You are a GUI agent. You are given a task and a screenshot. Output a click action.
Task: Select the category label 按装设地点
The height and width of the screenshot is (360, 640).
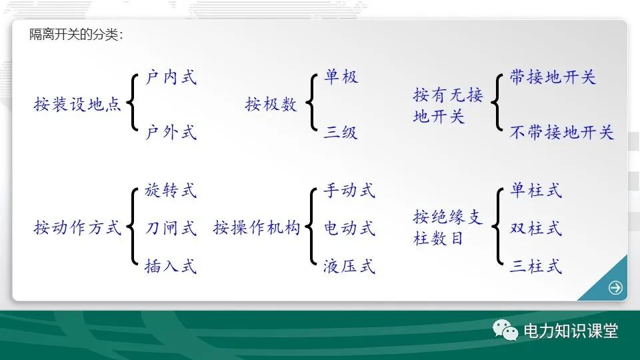tap(77, 105)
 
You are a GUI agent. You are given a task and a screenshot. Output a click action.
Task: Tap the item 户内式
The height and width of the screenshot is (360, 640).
tap(171, 77)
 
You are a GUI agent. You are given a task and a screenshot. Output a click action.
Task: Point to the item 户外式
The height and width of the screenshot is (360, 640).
tap(171, 132)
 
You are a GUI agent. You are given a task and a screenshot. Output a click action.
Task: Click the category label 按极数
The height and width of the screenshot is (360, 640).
tap(271, 105)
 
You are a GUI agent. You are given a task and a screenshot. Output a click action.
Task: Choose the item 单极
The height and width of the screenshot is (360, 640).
tap(341, 76)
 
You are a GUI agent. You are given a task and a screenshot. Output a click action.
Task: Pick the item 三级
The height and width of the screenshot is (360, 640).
tap(341, 132)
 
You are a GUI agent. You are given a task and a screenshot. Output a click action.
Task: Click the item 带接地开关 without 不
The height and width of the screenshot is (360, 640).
tap(553, 77)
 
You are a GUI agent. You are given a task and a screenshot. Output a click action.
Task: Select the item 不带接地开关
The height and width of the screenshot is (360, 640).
tap(561, 132)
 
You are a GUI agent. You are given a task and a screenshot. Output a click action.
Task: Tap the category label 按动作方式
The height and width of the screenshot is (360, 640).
tap(77, 227)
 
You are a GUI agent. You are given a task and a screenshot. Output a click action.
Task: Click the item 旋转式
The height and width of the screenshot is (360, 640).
tap(171, 190)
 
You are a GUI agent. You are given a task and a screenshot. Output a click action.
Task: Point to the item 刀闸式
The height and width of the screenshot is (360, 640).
tap(171, 228)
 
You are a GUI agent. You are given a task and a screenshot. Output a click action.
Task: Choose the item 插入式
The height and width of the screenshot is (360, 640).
tap(171, 266)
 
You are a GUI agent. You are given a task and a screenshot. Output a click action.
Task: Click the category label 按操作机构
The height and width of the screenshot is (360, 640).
tap(257, 227)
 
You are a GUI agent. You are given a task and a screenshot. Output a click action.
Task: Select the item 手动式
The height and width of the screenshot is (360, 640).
tap(349, 190)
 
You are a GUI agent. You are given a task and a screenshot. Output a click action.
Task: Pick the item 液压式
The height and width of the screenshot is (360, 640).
tap(349, 266)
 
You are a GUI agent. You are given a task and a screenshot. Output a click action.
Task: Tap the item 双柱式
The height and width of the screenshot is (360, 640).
tap(536, 228)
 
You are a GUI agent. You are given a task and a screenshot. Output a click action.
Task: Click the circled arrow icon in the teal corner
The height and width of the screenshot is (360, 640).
tap(615, 288)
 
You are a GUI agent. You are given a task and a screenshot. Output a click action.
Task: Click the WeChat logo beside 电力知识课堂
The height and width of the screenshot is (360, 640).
tap(505, 330)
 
